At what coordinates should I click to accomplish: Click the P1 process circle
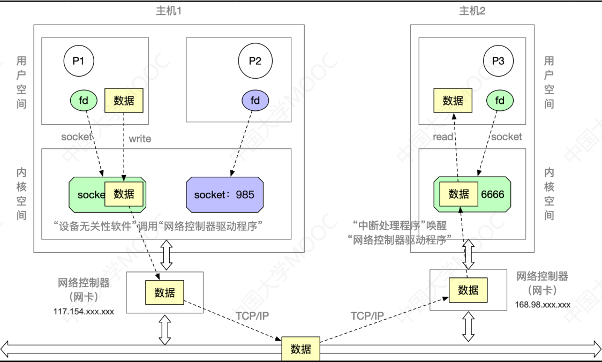[79, 61]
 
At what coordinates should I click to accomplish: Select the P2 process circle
[255, 61]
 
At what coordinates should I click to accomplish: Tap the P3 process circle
[498, 61]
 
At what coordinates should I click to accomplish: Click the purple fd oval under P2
[255, 100]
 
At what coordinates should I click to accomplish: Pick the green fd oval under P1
[84, 100]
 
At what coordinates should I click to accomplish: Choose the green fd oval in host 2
[500, 100]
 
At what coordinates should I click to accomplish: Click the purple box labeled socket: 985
[224, 194]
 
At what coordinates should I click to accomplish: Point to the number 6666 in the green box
[492, 194]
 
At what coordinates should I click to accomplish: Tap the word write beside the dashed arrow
[140, 139]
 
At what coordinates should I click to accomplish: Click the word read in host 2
[443, 137]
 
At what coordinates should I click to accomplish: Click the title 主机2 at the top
[472, 11]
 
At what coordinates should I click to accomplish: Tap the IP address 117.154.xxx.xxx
[84, 311]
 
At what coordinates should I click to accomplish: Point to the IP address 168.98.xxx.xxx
[543, 305]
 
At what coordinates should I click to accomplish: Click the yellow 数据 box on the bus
[300, 349]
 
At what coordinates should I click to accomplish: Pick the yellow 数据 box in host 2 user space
[453, 100]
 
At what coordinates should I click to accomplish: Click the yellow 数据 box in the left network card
[164, 292]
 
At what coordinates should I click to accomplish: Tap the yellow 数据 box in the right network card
[468, 290]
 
